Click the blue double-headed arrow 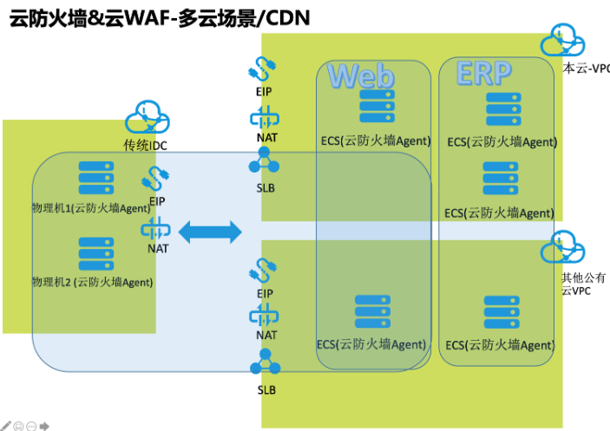(209, 231)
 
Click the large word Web (361, 75)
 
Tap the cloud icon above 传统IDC (146, 117)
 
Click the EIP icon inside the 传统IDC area (156, 178)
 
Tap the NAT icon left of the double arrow (156, 230)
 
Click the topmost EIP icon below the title (264, 69)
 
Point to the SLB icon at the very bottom (265, 364)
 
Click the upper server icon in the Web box (376, 106)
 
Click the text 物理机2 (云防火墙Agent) (92, 282)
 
